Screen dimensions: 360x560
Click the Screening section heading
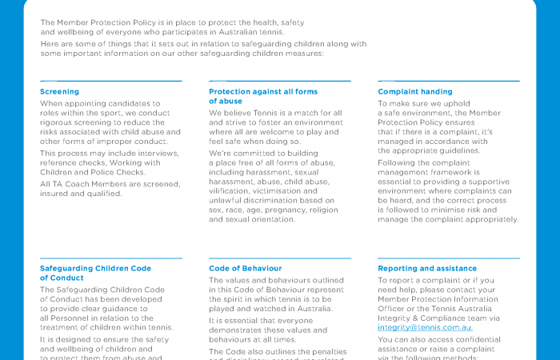pos(59,92)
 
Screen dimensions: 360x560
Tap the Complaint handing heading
pos(414,92)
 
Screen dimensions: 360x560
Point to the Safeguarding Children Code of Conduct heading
pos(95,273)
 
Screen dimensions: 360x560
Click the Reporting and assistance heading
pos(426,269)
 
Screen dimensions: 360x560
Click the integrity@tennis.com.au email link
pos(425,327)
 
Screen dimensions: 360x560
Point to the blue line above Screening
pos(110,81)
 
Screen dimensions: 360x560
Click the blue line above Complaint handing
pos(448,81)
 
